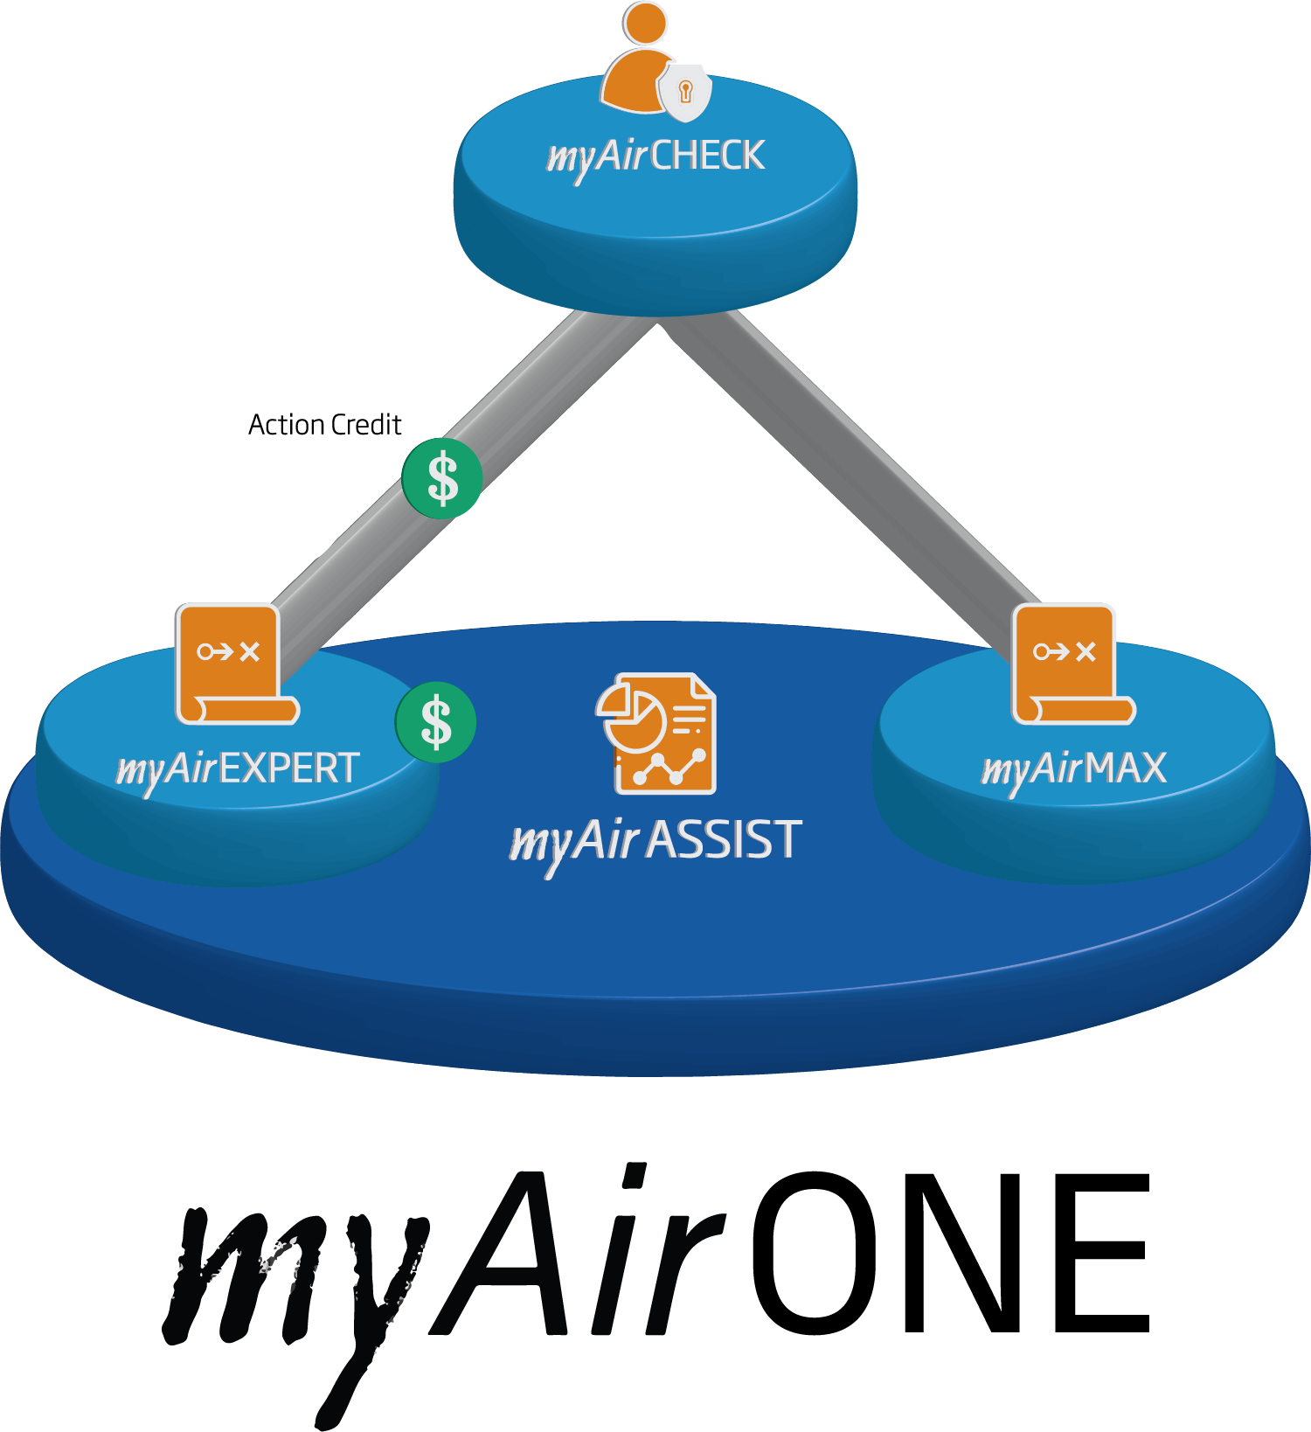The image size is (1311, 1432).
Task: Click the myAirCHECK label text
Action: [x=655, y=156]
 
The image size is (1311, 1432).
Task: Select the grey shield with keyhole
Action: [x=685, y=91]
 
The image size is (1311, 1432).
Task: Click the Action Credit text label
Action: [x=324, y=425]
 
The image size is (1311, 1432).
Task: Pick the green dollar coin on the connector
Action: [x=442, y=478]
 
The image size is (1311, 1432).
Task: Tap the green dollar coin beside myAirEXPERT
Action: [x=435, y=722]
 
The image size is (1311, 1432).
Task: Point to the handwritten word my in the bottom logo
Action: [x=288, y=1285]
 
